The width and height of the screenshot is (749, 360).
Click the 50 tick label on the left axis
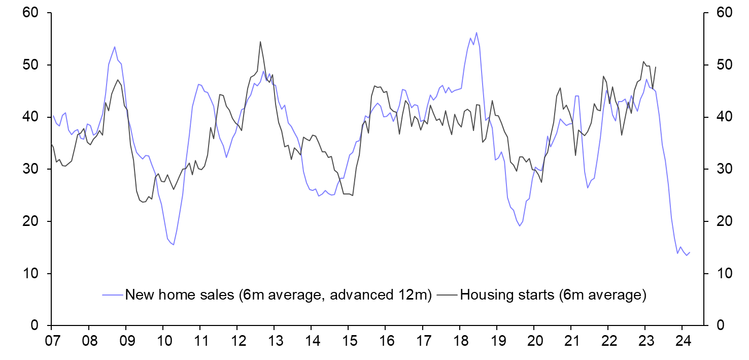click(31, 65)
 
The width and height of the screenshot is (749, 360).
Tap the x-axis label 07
click(51, 339)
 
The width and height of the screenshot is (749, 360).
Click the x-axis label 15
click(348, 339)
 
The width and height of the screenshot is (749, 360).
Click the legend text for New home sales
click(278, 295)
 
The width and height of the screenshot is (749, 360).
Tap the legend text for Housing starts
click(553, 295)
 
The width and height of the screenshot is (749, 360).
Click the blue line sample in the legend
click(112, 295)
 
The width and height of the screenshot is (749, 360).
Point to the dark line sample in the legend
click(447, 295)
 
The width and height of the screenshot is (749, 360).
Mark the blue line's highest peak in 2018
click(476, 32)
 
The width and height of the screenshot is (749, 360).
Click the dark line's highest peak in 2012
click(260, 42)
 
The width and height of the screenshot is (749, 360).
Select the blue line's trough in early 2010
click(174, 245)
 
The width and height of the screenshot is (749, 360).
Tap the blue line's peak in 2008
click(115, 47)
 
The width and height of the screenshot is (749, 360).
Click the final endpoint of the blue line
click(690, 252)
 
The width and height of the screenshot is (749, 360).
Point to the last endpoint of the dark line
click(656, 67)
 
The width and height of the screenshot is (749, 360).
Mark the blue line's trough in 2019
click(519, 226)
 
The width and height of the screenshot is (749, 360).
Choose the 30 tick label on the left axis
click(31, 169)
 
